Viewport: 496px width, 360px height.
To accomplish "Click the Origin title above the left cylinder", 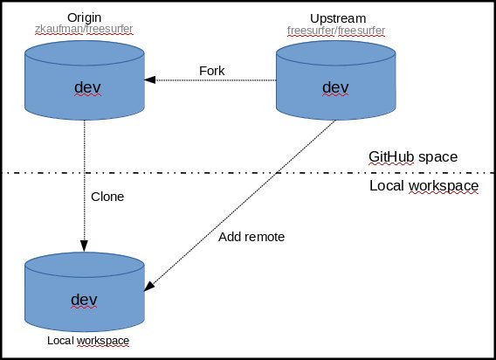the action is click(x=84, y=17).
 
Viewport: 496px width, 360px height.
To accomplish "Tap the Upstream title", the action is click(x=338, y=18).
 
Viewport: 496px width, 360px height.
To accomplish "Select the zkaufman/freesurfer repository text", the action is click(x=84, y=29).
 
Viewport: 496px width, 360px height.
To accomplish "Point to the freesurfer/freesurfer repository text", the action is click(x=336, y=31).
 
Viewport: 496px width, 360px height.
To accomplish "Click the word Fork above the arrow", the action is click(x=212, y=71).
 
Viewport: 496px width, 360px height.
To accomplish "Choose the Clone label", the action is click(x=107, y=197).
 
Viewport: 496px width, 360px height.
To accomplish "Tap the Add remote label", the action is click(x=251, y=237).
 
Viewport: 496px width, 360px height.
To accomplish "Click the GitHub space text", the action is click(x=413, y=157).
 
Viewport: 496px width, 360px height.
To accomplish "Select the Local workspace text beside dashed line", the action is click(x=424, y=186).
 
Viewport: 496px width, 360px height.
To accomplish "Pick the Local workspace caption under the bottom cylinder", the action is click(x=88, y=341).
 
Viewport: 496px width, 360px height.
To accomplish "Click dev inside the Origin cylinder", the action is click(x=87, y=87).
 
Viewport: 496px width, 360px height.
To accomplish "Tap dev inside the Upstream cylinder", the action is click(x=335, y=87).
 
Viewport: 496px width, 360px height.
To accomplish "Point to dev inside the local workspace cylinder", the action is click(x=84, y=300).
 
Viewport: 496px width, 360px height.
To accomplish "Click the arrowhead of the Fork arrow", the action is click(x=150, y=80).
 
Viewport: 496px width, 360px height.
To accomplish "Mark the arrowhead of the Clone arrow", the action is click(x=84, y=246).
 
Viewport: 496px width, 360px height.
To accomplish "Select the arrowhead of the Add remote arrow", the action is click(x=149, y=286).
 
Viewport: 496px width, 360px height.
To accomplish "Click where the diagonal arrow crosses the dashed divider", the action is click(x=277, y=173).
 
